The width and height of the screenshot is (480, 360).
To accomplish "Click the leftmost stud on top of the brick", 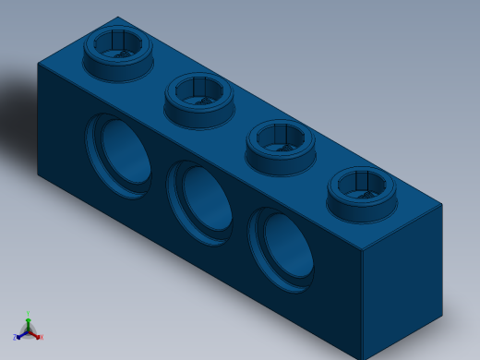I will (119, 54).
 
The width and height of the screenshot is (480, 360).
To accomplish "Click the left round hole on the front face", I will (123, 154).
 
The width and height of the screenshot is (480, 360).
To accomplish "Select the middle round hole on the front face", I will (203, 199).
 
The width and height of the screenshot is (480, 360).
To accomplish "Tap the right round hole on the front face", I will (284, 246).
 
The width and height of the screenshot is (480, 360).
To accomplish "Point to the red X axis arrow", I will (35, 335).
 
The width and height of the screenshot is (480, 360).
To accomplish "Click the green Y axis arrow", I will (28, 320).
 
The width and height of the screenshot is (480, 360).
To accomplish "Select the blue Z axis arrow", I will (21, 334).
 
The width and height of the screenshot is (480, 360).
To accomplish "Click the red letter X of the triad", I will (42, 338).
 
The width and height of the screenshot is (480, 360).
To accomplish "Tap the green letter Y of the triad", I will (28, 313).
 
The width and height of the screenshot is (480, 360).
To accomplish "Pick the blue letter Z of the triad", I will (15, 337).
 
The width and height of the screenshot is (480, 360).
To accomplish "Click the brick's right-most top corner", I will (442, 204).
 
